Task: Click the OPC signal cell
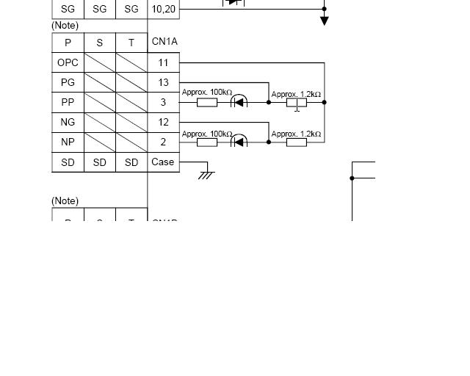point(68,63)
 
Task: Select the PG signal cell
point(68,83)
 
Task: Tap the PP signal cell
point(68,103)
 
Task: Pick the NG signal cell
point(68,123)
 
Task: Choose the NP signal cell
point(68,142)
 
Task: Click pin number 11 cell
point(163,63)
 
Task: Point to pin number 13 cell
point(163,83)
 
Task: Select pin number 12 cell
point(163,123)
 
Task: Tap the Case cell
point(163,162)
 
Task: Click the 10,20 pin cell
point(163,10)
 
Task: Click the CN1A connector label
point(164,42)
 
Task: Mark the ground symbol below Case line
point(206,175)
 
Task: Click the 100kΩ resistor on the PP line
point(207,103)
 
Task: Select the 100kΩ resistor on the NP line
point(207,142)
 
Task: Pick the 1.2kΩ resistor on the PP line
point(297,103)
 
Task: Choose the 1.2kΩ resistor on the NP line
point(297,142)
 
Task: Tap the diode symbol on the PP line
point(239,102)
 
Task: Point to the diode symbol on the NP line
point(239,142)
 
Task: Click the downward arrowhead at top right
point(324,21)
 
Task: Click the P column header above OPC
point(68,43)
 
